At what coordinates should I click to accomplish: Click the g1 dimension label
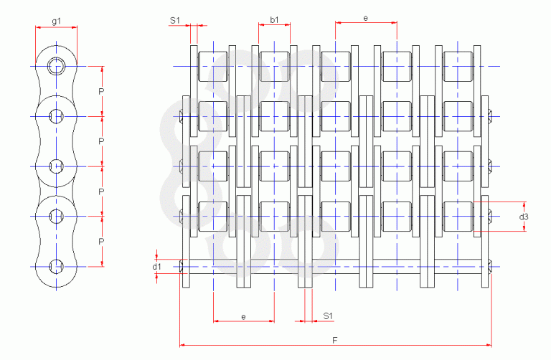point(56,21)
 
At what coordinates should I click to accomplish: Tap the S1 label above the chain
point(174,20)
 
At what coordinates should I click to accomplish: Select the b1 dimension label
point(274,19)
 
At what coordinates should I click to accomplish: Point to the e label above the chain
point(365,18)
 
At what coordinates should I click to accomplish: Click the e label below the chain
point(243,317)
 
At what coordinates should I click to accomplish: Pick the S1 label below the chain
point(327,316)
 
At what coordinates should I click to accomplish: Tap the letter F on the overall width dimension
point(335,340)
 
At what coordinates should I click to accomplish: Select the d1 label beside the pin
point(156,267)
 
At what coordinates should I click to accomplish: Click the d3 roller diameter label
point(524,217)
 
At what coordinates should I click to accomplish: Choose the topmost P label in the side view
point(101,92)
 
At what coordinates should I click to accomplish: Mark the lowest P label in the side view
point(101,242)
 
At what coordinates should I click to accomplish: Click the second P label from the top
point(101,141)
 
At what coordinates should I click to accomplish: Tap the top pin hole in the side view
point(56,66)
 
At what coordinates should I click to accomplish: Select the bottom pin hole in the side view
point(56,267)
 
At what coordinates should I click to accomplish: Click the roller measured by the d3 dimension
point(458,217)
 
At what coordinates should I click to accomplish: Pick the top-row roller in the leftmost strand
point(213,67)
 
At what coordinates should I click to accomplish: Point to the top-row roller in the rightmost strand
point(458,67)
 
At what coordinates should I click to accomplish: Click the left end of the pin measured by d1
point(182,267)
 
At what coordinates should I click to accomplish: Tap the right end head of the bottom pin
point(490,267)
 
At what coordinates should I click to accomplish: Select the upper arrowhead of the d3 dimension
point(524,204)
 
